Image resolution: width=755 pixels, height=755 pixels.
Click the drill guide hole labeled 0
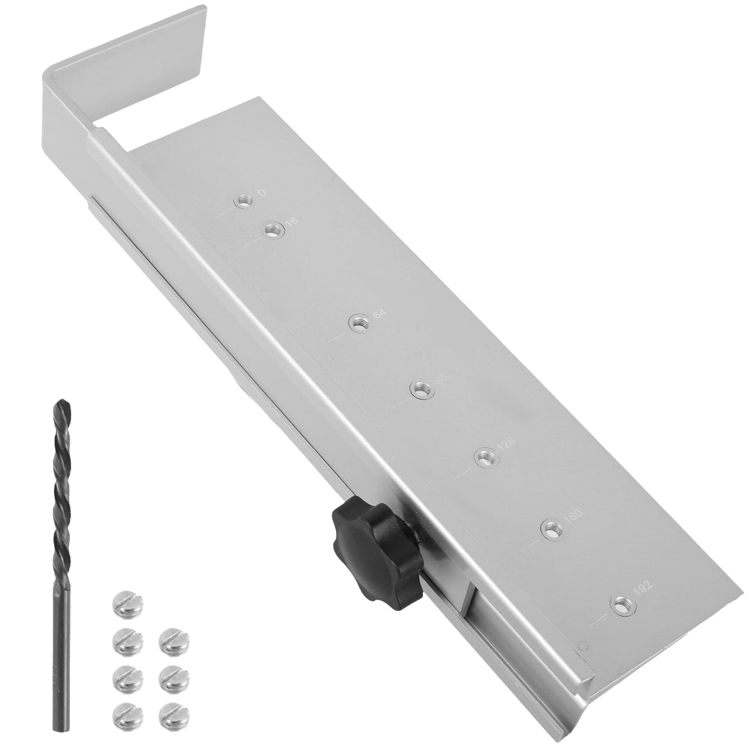tap(243, 201)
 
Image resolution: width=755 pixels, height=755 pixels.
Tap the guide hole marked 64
tap(359, 324)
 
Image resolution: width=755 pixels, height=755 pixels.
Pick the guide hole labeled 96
tap(420, 390)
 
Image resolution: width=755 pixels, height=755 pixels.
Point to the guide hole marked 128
tap(484, 457)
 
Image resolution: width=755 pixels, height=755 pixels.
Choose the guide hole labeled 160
tap(552, 529)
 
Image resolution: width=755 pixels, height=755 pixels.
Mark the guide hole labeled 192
tap(623, 605)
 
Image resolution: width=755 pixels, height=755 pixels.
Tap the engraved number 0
tap(260, 193)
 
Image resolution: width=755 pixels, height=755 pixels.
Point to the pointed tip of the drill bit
tap(61, 405)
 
